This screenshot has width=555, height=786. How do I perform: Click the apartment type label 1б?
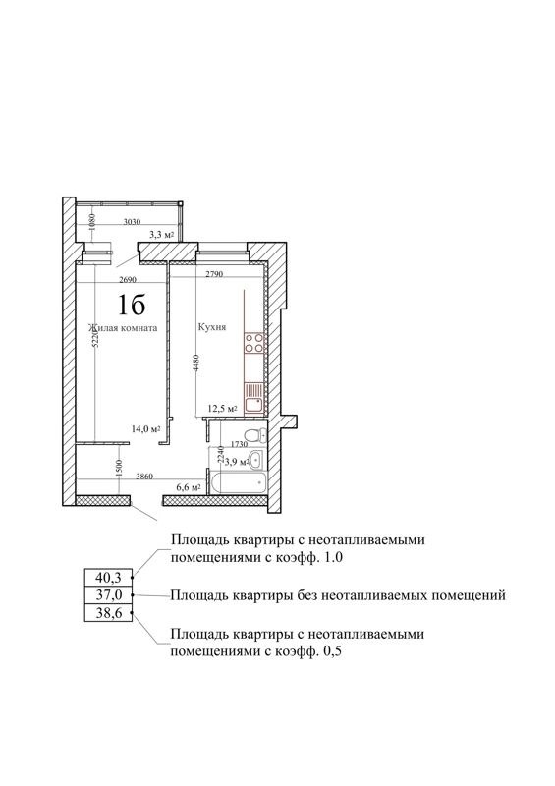click(127, 303)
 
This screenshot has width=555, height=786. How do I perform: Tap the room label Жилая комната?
click(122, 328)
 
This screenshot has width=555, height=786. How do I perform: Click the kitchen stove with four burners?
click(254, 344)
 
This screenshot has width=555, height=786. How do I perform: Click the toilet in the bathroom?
click(253, 436)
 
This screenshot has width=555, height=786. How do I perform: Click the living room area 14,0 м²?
click(146, 428)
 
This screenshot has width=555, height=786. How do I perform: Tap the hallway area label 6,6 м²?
click(188, 486)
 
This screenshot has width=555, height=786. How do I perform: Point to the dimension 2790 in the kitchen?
click(218, 276)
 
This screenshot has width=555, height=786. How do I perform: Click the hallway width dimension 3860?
click(147, 475)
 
